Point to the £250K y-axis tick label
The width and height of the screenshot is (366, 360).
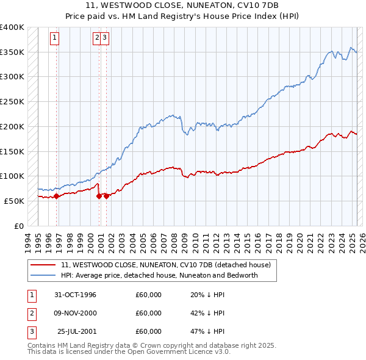12,102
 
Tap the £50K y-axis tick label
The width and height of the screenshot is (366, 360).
14,201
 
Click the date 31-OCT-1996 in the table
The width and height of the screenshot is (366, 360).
75,295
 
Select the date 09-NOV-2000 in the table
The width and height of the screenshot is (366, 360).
75,313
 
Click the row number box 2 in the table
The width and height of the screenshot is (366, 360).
31,313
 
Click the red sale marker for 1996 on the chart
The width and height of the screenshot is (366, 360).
56,196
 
